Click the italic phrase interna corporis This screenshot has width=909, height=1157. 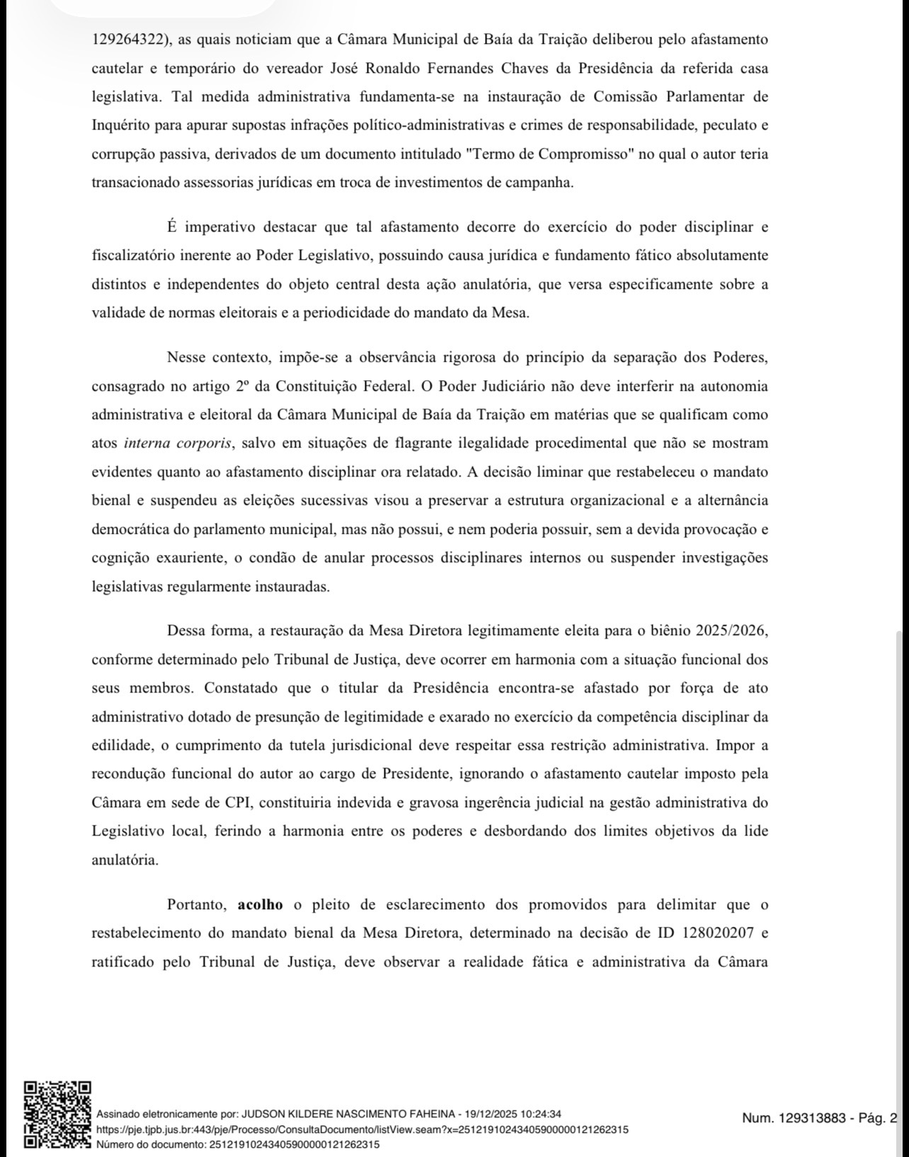point(178,443)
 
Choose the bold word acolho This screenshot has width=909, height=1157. point(260,904)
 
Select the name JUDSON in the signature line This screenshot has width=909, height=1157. point(265,1114)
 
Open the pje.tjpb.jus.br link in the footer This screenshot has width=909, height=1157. point(362,1129)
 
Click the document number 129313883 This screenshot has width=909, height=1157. point(812,1118)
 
